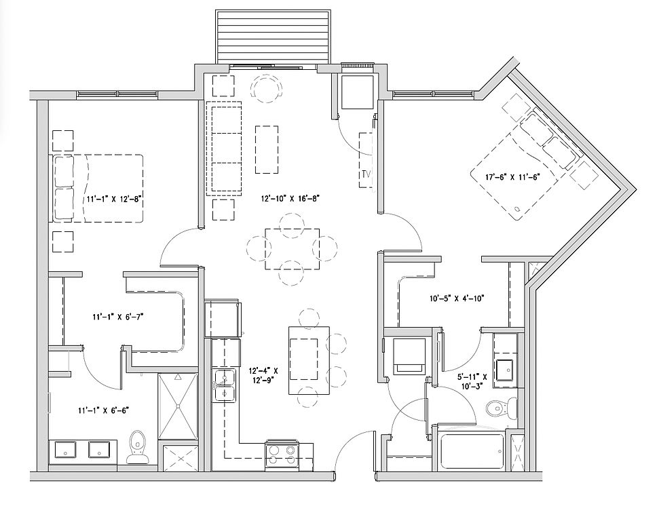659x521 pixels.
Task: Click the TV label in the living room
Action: [366, 174]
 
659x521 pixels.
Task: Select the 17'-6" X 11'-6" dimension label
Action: [512, 177]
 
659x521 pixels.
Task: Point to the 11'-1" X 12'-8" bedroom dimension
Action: [113, 199]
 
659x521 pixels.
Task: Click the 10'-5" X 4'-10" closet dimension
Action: [457, 298]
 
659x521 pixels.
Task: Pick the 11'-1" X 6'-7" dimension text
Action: [118, 317]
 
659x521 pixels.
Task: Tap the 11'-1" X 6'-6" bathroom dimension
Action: [103, 410]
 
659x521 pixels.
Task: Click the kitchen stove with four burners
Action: [282, 455]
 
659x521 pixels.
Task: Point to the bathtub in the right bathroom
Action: [471, 452]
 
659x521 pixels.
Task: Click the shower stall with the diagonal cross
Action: [178, 406]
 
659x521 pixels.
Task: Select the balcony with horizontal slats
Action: [272, 37]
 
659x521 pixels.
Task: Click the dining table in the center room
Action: [292, 249]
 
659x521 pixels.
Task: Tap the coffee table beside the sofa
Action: [267, 149]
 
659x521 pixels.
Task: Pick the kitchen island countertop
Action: [309, 360]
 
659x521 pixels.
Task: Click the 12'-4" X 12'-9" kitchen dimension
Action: [263, 376]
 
